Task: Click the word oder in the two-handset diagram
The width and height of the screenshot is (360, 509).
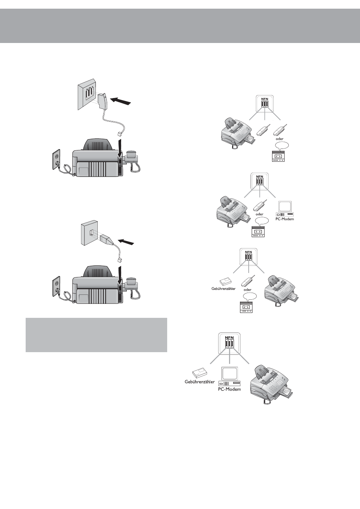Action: pyautogui.click(x=280, y=139)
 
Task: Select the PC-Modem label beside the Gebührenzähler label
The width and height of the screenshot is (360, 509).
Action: pyautogui.click(x=229, y=389)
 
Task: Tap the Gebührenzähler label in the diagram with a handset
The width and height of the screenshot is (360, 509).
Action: pyautogui.click(x=223, y=289)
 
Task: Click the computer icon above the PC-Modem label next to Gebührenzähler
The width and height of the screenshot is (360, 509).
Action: pyautogui.click(x=229, y=376)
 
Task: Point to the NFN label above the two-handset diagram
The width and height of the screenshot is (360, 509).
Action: pyautogui.click(x=265, y=99)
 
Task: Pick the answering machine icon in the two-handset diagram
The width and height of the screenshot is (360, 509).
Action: pyautogui.click(x=278, y=156)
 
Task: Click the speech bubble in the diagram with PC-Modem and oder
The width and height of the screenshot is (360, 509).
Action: pyautogui.click(x=262, y=221)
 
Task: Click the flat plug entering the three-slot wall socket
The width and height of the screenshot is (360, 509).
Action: pyautogui.click(x=103, y=101)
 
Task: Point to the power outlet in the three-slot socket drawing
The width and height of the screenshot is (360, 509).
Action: pyautogui.click(x=56, y=159)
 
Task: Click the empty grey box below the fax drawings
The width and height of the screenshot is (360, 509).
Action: pyautogui.click(x=97, y=335)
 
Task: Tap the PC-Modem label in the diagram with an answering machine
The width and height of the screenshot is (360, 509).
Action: pyautogui.click(x=285, y=219)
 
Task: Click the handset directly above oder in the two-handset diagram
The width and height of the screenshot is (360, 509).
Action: pyautogui.click(x=280, y=130)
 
